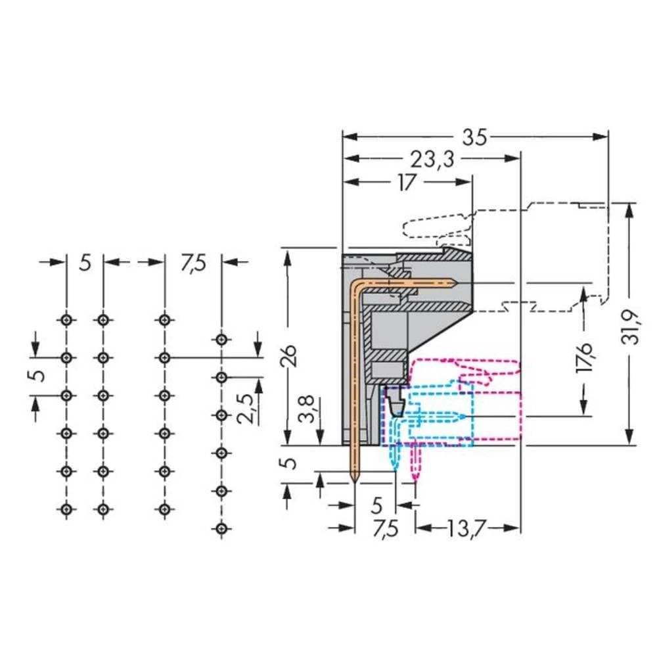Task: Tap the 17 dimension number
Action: click(x=407, y=182)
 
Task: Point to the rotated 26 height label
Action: click(x=294, y=355)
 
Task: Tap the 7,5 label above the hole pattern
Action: click(x=193, y=263)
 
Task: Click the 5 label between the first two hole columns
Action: click(x=85, y=263)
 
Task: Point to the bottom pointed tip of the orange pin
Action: click(x=355, y=482)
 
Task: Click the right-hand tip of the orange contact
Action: click(x=456, y=283)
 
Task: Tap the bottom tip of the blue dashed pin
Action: click(x=394, y=468)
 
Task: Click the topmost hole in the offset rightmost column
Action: click(x=222, y=340)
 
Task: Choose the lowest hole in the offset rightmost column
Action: click(x=222, y=528)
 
